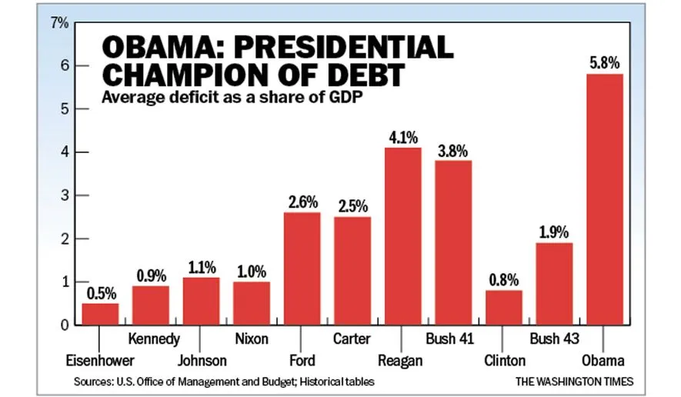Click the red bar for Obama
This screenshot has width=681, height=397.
coord(605,199)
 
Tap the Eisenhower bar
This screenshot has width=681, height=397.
coord(100,314)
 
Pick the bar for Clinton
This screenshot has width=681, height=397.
coord(504,307)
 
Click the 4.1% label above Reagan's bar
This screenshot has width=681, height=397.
coord(403,138)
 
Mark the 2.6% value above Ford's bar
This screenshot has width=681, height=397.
coord(302,202)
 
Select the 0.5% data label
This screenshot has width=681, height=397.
coord(100,293)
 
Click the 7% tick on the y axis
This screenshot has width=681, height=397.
coord(59,23)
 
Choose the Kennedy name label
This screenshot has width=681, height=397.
coord(154,339)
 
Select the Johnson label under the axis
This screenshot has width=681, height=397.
coord(202,360)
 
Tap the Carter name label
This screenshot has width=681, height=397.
coord(352,339)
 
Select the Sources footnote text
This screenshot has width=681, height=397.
coord(225,381)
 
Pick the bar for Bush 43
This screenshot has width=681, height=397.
coord(554,283)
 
